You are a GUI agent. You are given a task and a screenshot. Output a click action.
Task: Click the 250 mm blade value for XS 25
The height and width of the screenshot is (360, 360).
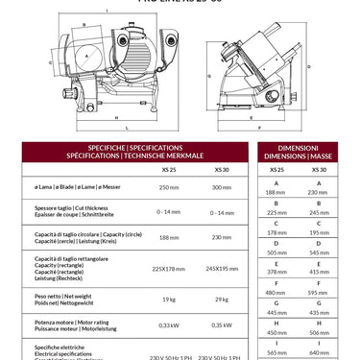click(x=169, y=188)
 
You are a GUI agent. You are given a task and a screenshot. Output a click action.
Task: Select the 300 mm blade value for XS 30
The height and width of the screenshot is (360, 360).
click(x=222, y=188)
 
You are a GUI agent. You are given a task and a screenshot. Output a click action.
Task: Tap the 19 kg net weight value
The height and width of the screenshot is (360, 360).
click(x=169, y=300)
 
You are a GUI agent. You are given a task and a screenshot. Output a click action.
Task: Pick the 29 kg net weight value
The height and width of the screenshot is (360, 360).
click(x=222, y=300)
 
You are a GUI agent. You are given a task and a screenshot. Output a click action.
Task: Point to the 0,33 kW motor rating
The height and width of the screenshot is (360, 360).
click(x=169, y=325)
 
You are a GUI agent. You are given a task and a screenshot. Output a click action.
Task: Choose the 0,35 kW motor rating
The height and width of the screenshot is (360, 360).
click(x=222, y=325)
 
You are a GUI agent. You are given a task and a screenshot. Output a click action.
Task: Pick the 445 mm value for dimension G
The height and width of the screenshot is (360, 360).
click(x=277, y=312)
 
